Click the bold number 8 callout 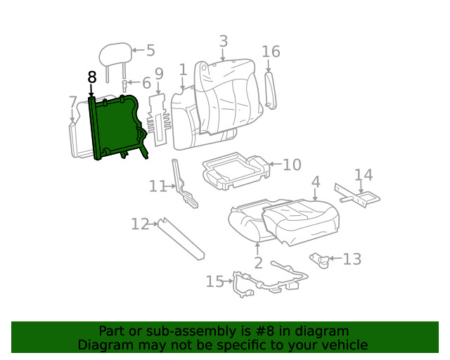click(x=91, y=77)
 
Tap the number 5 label click(x=150, y=51)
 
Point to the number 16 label click(x=271, y=51)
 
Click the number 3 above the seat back click(x=223, y=41)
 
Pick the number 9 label click(x=159, y=74)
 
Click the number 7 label click(x=73, y=103)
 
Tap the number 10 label click(x=292, y=165)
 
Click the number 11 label click(x=157, y=186)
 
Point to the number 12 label click(x=140, y=224)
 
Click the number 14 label click(x=364, y=175)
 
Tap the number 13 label click(x=352, y=259)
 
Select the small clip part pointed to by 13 click(x=321, y=260)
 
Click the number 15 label click(x=214, y=282)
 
